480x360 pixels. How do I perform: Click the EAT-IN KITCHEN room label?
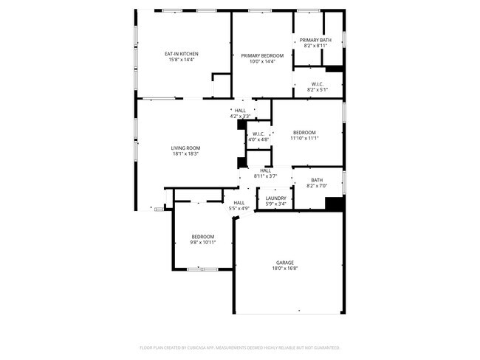click(181, 54)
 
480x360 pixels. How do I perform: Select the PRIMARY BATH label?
click(315, 40)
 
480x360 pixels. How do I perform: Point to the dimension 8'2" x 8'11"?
click(315, 46)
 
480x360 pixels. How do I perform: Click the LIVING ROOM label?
click(186, 148)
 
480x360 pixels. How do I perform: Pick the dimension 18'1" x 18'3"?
click(186, 153)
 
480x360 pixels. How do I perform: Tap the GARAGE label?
click(286, 263)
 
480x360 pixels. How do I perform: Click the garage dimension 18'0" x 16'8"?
click(286, 269)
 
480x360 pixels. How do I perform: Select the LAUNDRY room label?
click(276, 198)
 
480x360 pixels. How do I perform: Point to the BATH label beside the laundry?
click(317, 180)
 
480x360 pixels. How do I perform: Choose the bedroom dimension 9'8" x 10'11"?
click(203, 243)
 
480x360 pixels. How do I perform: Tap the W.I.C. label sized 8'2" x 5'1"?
click(318, 83)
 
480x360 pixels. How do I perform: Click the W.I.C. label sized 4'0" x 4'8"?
click(259, 134)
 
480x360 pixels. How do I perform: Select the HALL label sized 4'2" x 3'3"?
click(241, 111)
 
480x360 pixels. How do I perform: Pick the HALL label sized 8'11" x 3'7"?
click(265, 170)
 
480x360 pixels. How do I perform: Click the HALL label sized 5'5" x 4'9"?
click(239, 203)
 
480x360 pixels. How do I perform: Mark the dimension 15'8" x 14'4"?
click(181, 60)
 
